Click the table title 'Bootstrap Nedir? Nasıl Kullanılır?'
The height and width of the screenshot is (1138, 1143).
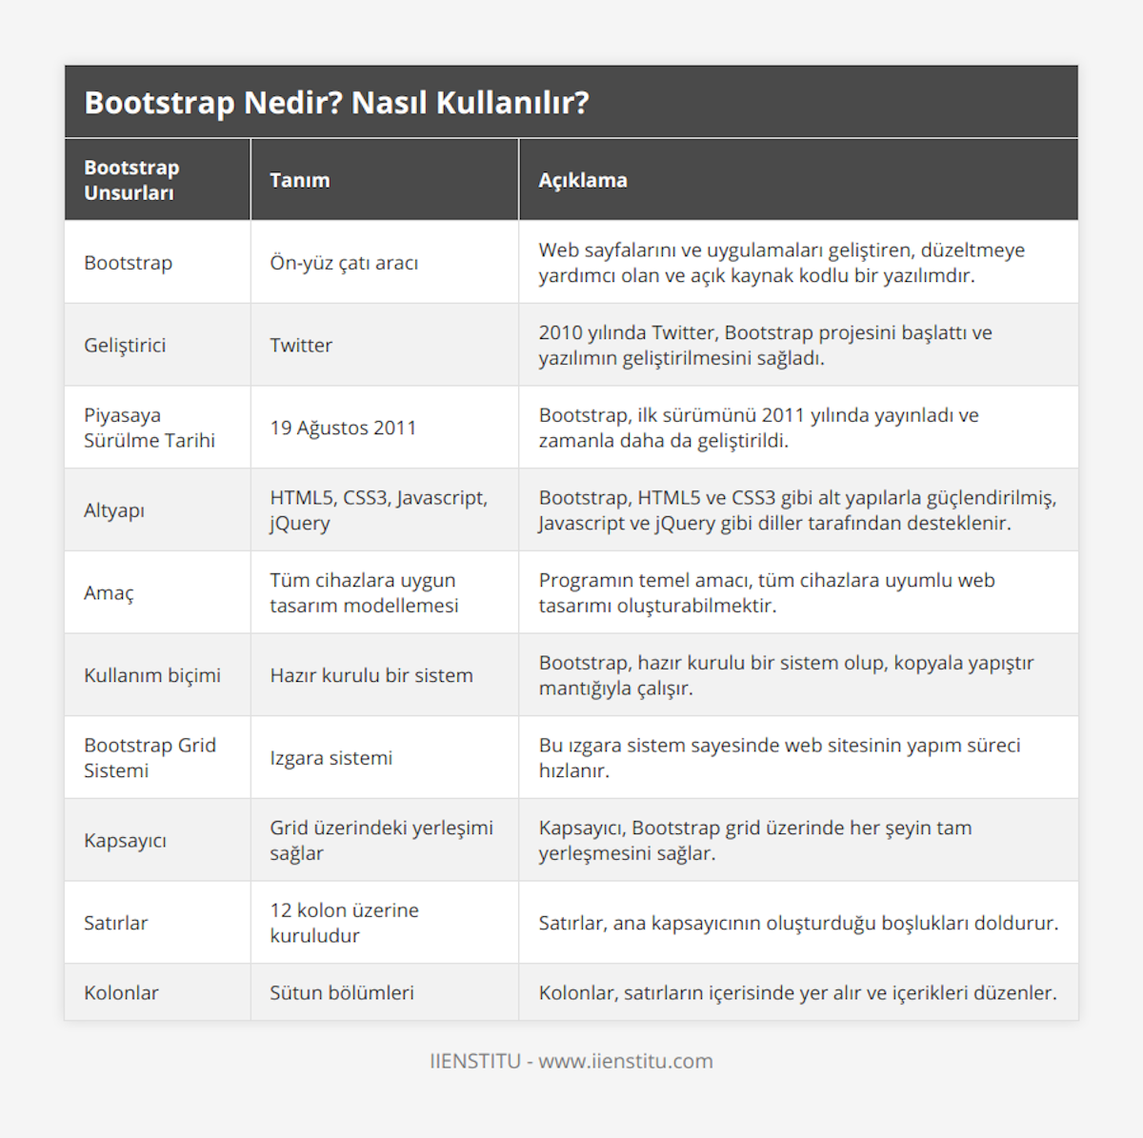tap(336, 103)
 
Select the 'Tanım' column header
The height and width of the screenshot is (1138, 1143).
tap(299, 180)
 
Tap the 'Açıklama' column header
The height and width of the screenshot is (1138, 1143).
tap(582, 180)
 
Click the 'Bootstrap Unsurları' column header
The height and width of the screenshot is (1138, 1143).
tap(130, 180)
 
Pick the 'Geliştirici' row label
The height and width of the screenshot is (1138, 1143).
tap(125, 345)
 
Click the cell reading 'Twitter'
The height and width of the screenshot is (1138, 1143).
tap(301, 345)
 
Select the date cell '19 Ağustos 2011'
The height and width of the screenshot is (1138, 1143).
tap(343, 428)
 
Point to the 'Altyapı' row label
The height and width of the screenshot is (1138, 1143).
tap(114, 510)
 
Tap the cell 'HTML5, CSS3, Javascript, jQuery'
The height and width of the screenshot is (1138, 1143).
tap(378, 510)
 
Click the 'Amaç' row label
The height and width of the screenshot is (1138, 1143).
tap(109, 592)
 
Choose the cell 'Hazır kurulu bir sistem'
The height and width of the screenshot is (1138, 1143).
tap(371, 675)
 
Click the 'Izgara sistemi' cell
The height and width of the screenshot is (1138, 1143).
tap(331, 758)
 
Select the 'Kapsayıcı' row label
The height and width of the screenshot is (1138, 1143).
tap(125, 841)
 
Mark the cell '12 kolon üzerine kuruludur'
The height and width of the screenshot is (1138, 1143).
tap(344, 923)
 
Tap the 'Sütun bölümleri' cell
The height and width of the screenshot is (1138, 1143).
tap(341, 992)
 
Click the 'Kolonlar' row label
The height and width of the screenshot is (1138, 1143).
tap(121, 992)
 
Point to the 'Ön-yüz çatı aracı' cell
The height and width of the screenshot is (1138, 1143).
tap(344, 263)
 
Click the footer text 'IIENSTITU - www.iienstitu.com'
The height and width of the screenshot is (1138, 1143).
tap(571, 1061)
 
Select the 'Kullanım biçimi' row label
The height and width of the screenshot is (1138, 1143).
tap(151, 675)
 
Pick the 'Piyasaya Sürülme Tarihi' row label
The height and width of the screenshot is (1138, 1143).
tap(150, 428)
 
